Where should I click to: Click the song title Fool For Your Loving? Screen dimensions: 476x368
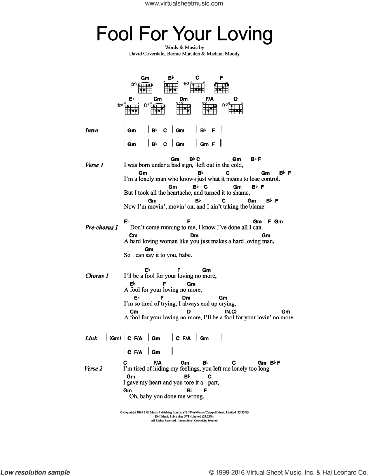click(x=184, y=34)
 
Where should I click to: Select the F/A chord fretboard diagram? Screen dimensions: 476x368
click(x=210, y=108)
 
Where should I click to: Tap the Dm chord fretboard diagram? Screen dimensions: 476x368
click(x=183, y=108)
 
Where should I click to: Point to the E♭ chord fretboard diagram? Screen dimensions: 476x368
click(x=132, y=108)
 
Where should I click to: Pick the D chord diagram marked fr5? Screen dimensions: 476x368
click(x=236, y=108)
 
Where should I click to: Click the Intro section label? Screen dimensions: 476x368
click(x=92, y=130)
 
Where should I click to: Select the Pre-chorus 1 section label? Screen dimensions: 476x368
click(x=102, y=227)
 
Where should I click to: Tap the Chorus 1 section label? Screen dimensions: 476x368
click(x=97, y=276)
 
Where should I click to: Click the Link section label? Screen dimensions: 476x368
click(x=91, y=338)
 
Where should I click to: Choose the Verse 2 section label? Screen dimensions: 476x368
click(x=93, y=368)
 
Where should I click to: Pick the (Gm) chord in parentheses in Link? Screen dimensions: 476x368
click(x=115, y=338)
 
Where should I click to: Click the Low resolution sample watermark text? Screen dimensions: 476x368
click(x=35, y=472)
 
